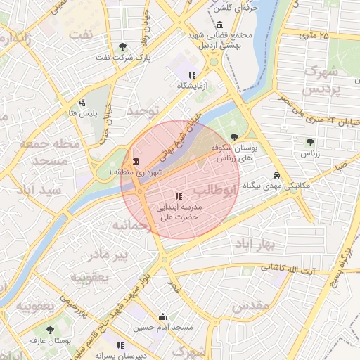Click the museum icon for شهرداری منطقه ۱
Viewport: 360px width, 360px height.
136,161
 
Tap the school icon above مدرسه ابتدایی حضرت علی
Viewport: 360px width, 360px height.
179,195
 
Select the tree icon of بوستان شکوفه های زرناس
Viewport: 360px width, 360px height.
234,137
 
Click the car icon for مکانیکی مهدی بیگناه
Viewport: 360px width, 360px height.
277,175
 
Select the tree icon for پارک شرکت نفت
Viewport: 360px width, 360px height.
123,46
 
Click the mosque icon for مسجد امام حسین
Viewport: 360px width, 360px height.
163,316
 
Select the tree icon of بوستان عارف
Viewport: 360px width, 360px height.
50,329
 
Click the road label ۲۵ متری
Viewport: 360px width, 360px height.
314,34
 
